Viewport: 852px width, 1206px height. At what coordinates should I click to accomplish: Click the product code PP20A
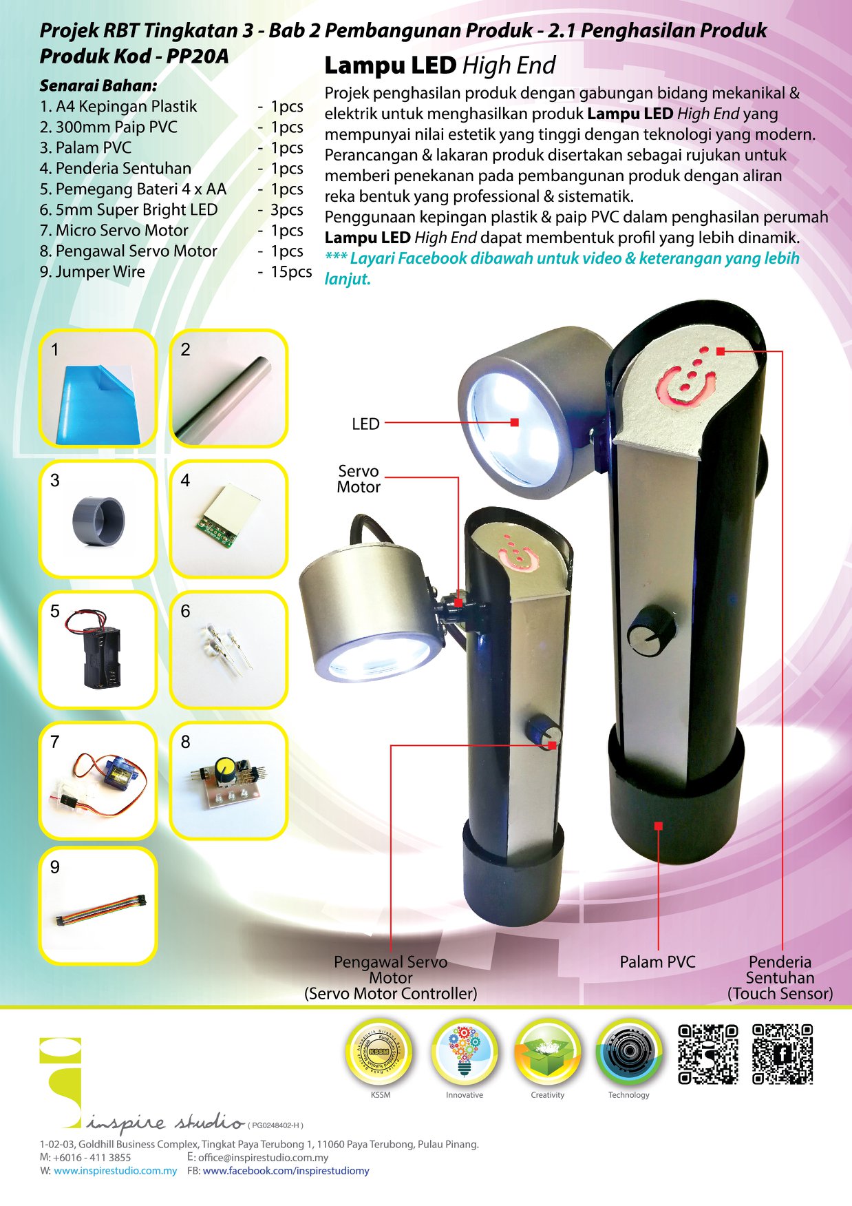(x=198, y=56)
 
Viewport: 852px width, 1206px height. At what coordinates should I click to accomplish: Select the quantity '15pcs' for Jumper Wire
(x=291, y=272)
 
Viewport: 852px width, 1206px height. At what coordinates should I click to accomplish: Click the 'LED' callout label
(x=365, y=424)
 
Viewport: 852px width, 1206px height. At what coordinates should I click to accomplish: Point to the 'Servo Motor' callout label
(x=359, y=479)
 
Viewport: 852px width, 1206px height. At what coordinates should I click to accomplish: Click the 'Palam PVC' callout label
(x=657, y=962)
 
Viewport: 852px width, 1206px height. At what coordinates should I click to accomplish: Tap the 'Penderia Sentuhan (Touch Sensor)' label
(x=780, y=978)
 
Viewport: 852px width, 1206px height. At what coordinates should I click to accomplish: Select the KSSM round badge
(x=380, y=1051)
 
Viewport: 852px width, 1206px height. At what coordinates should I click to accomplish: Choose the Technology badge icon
(x=629, y=1051)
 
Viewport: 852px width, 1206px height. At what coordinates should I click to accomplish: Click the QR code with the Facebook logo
(x=782, y=1054)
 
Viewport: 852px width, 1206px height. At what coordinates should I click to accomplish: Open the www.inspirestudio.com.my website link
(x=116, y=1170)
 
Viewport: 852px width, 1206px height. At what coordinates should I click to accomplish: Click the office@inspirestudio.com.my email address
(x=264, y=1158)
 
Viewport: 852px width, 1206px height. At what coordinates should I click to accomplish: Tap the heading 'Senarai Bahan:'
(x=98, y=86)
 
